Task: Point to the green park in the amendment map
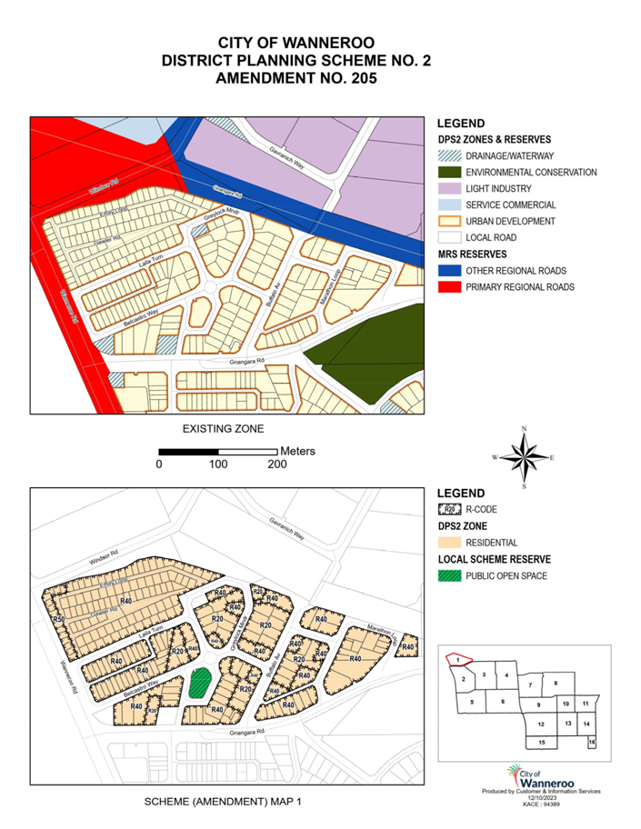pos(199,684)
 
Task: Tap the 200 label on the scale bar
pos(276,464)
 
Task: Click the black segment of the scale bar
pos(188,451)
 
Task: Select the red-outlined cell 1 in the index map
pos(461,659)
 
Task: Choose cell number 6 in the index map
pos(502,701)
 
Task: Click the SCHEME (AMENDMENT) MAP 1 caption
pos(222,804)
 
